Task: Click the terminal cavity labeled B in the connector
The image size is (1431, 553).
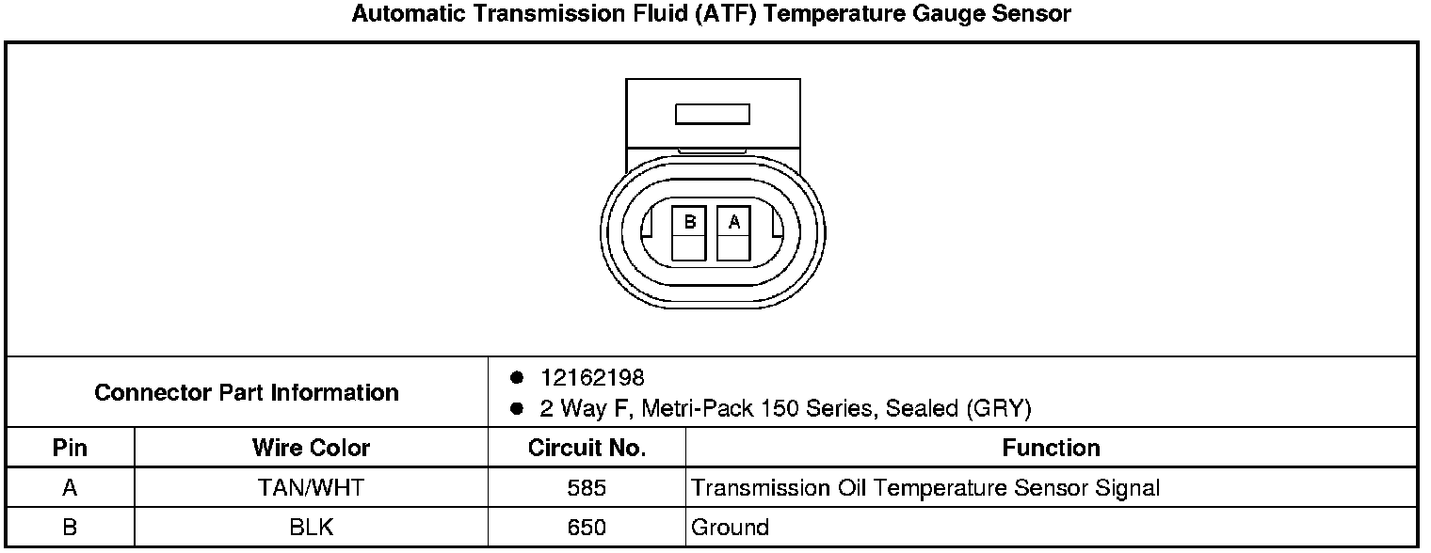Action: click(689, 233)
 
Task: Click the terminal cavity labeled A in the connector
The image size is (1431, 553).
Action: click(733, 233)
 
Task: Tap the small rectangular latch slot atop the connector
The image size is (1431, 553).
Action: click(713, 114)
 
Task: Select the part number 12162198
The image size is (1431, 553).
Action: click(592, 377)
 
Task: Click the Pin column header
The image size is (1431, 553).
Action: click(70, 448)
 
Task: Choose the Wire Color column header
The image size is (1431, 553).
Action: click(311, 448)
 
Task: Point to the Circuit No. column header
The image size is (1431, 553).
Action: click(587, 448)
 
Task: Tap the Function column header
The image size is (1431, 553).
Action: click(1051, 448)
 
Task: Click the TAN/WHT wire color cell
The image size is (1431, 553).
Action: click(311, 488)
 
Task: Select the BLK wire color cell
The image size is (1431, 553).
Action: click(311, 528)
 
